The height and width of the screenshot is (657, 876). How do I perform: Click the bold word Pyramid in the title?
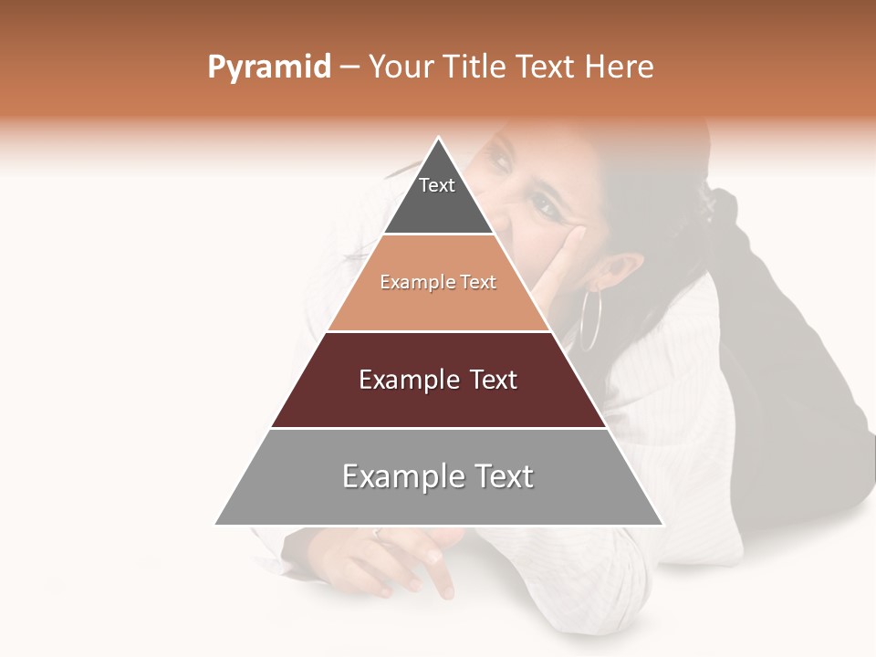[x=268, y=68]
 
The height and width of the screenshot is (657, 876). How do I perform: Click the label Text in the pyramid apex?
[x=437, y=185]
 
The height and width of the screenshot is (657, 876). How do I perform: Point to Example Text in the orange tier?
[x=438, y=283]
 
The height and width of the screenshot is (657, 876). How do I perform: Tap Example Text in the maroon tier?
[x=438, y=380]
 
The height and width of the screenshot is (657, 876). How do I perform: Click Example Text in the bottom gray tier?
[x=438, y=476]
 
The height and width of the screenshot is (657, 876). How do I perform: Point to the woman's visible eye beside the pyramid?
[x=546, y=206]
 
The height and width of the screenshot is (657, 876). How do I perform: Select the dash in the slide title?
[x=349, y=68]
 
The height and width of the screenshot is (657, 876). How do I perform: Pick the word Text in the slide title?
[x=547, y=68]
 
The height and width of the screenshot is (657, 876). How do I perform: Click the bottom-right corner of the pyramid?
[x=662, y=524]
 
